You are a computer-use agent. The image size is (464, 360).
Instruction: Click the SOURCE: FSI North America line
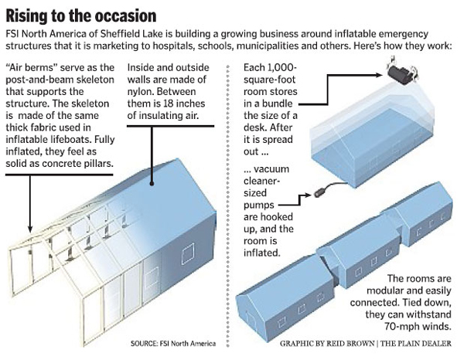click(x=174, y=341)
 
